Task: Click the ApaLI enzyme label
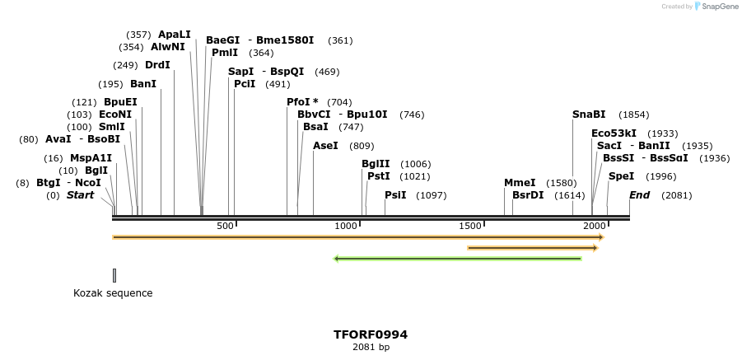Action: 174,35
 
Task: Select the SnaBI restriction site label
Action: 589,115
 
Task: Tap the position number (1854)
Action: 633,115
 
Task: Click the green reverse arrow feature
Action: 458,259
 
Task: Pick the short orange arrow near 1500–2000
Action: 532,247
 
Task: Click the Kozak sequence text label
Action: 113,293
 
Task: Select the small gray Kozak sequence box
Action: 114,275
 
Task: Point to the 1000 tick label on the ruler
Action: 347,226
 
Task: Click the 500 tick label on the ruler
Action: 225,226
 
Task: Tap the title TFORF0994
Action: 371,334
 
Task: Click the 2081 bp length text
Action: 371,348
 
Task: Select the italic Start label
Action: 80,195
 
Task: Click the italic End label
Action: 640,195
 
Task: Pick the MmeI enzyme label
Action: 520,183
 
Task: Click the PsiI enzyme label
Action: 396,195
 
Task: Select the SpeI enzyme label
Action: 621,176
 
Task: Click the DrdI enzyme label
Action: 157,65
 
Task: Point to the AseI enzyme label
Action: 325,146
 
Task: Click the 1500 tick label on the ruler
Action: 469,226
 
